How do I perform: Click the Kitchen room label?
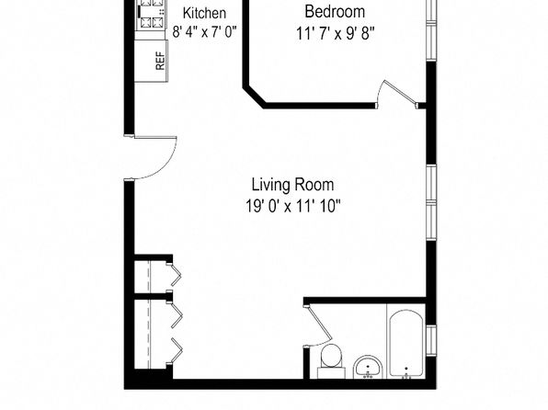pos(204,13)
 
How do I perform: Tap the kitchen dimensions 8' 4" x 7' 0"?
pos(204,32)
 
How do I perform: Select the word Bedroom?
pos(335,12)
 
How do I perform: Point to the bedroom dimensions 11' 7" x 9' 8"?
pos(336,34)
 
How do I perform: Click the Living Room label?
pos(292,185)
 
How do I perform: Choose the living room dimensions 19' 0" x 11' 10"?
pos(292,206)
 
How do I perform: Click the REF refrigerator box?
pos(152,61)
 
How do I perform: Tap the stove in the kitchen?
pos(150,16)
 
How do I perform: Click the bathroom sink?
pos(369,367)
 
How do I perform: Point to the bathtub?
pos(406,344)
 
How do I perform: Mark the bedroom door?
pos(401,94)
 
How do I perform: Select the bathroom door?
pos(319,325)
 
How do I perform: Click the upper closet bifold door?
pos(175,273)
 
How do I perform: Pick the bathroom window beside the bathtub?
pos(431,340)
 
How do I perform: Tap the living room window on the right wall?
pos(431,202)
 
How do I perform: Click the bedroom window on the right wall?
pos(431,30)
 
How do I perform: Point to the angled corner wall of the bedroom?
pos(254,97)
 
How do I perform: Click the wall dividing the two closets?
pos(153,296)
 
